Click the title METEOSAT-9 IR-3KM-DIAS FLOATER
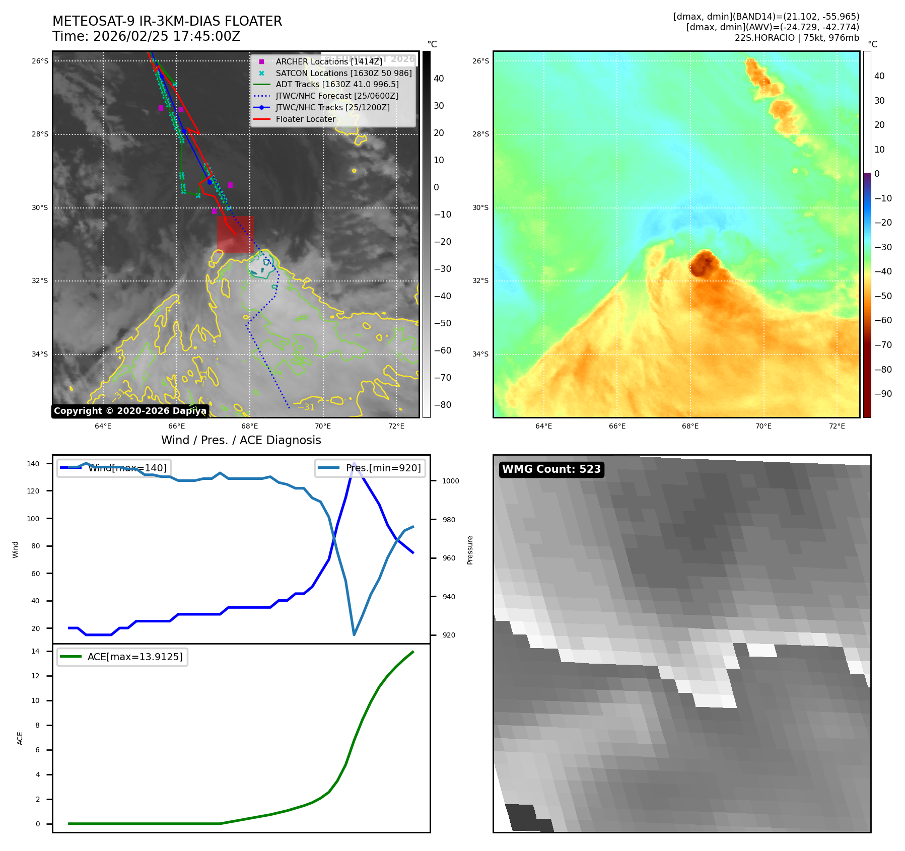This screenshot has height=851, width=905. tap(167, 21)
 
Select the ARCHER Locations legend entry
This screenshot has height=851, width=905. tap(328, 61)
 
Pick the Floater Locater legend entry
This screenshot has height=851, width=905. tap(305, 119)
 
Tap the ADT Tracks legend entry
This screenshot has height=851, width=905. tap(336, 85)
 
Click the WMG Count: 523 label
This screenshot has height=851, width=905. tap(551, 469)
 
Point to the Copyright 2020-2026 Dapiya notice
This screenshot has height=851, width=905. tap(130, 411)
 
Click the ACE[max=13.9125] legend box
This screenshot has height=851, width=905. tap(122, 657)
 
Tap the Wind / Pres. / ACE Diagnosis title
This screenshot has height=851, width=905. tap(241, 440)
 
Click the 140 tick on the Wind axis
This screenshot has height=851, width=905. tap(33, 464)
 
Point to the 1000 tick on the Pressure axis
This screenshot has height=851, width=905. tap(450, 481)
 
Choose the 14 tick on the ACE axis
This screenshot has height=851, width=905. tap(35, 651)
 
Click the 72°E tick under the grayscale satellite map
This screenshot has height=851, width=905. tap(396, 426)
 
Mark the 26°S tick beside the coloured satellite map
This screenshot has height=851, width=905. tap(480, 61)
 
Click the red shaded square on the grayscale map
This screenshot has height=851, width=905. tap(235, 234)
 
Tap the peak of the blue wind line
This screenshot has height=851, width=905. tap(354, 463)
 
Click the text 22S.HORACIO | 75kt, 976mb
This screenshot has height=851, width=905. tap(797, 38)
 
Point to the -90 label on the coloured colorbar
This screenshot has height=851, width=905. tap(883, 394)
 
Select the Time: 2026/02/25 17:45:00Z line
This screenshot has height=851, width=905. tap(146, 37)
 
